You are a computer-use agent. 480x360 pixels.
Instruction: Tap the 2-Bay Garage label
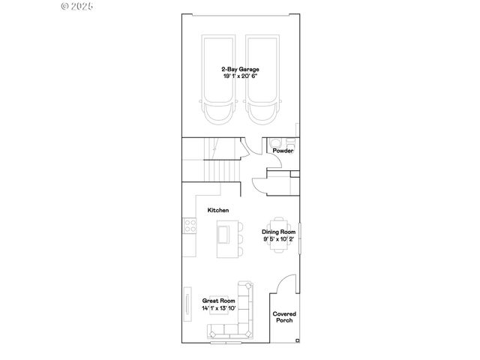coord(240,69)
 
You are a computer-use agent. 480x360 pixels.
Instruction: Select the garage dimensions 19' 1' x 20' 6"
coord(240,76)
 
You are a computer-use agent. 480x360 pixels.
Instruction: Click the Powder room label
coord(283,151)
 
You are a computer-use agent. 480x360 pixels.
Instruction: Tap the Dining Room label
coord(278,232)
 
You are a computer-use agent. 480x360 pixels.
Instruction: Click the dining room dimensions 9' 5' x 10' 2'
coord(278,239)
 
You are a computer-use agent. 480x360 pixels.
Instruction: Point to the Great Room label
coord(218,301)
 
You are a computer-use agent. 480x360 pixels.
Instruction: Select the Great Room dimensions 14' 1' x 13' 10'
coord(218,308)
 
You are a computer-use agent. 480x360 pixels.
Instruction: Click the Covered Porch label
coord(283,317)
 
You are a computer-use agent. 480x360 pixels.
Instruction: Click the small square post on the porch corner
coord(297,340)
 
